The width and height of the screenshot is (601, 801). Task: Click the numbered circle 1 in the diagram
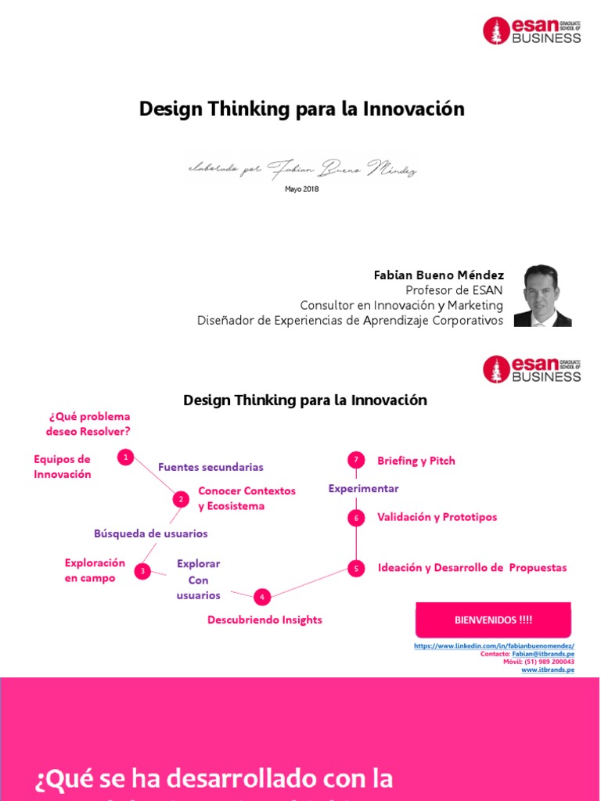(125, 458)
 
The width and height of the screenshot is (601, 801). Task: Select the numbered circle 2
(181, 499)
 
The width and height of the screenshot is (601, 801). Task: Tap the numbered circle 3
(142, 572)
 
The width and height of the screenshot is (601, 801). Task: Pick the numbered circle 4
(262, 597)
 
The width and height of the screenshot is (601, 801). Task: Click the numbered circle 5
(356, 569)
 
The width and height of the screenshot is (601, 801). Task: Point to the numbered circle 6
(356, 518)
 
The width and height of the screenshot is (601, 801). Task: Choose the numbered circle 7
(356, 460)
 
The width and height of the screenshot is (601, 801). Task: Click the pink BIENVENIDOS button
(493, 620)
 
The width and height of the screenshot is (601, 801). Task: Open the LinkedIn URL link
(494, 645)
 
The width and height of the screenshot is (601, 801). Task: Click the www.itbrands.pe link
(547, 670)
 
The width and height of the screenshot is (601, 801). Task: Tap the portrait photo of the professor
(542, 296)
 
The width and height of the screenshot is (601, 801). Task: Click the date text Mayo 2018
(301, 189)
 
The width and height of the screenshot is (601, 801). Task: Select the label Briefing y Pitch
(416, 461)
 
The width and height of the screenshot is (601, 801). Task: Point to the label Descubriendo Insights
(265, 620)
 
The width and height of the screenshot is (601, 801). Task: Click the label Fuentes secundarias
(211, 467)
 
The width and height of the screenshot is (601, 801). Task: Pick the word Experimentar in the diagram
(363, 489)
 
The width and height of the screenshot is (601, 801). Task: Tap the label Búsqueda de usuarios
(151, 533)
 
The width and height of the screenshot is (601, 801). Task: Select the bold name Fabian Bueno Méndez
(438, 275)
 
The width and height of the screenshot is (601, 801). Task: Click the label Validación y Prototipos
(437, 517)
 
